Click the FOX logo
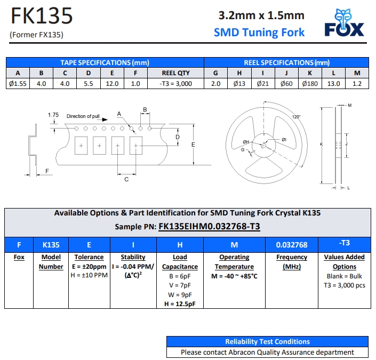click(345, 23)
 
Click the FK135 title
click(42, 17)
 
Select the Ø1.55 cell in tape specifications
click(18, 84)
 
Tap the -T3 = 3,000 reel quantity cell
click(175, 84)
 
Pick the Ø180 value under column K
click(310, 84)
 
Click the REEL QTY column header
click(175, 73)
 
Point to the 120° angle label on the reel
click(296, 117)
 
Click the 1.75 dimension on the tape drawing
click(53, 115)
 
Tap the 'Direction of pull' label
click(83, 116)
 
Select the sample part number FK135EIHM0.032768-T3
click(209, 227)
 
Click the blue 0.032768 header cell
click(292, 245)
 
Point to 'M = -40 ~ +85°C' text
click(235, 276)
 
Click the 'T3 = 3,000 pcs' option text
click(345, 285)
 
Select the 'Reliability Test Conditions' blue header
click(267, 341)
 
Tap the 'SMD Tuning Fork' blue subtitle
click(259, 33)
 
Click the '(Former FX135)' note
click(36, 35)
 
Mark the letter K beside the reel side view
click(321, 143)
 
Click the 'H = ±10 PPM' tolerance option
click(89, 276)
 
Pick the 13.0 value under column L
click(333, 84)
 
